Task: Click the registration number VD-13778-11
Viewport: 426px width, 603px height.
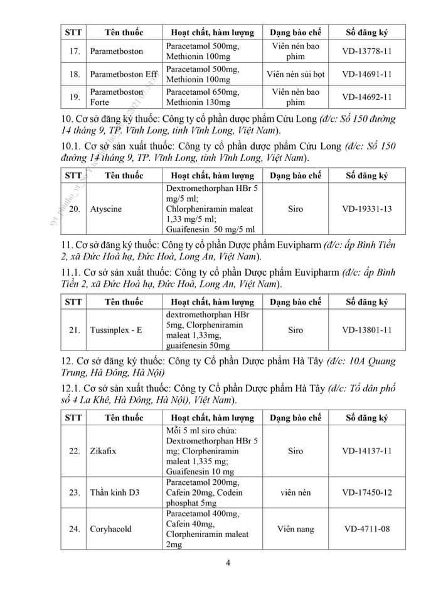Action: point(367,51)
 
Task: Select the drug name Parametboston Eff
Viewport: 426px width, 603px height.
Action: point(124,74)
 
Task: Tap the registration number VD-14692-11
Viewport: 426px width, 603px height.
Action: point(367,97)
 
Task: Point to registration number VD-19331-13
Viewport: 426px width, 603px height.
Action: point(367,209)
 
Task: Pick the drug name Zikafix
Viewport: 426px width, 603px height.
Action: point(104,451)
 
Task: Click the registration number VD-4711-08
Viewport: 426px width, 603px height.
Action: point(367,529)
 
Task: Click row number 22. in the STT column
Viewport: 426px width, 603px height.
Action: point(74,451)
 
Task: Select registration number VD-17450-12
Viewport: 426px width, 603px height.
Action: point(367,492)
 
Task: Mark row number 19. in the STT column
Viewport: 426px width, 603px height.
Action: point(74,97)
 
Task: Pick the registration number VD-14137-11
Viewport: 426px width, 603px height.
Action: point(367,451)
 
